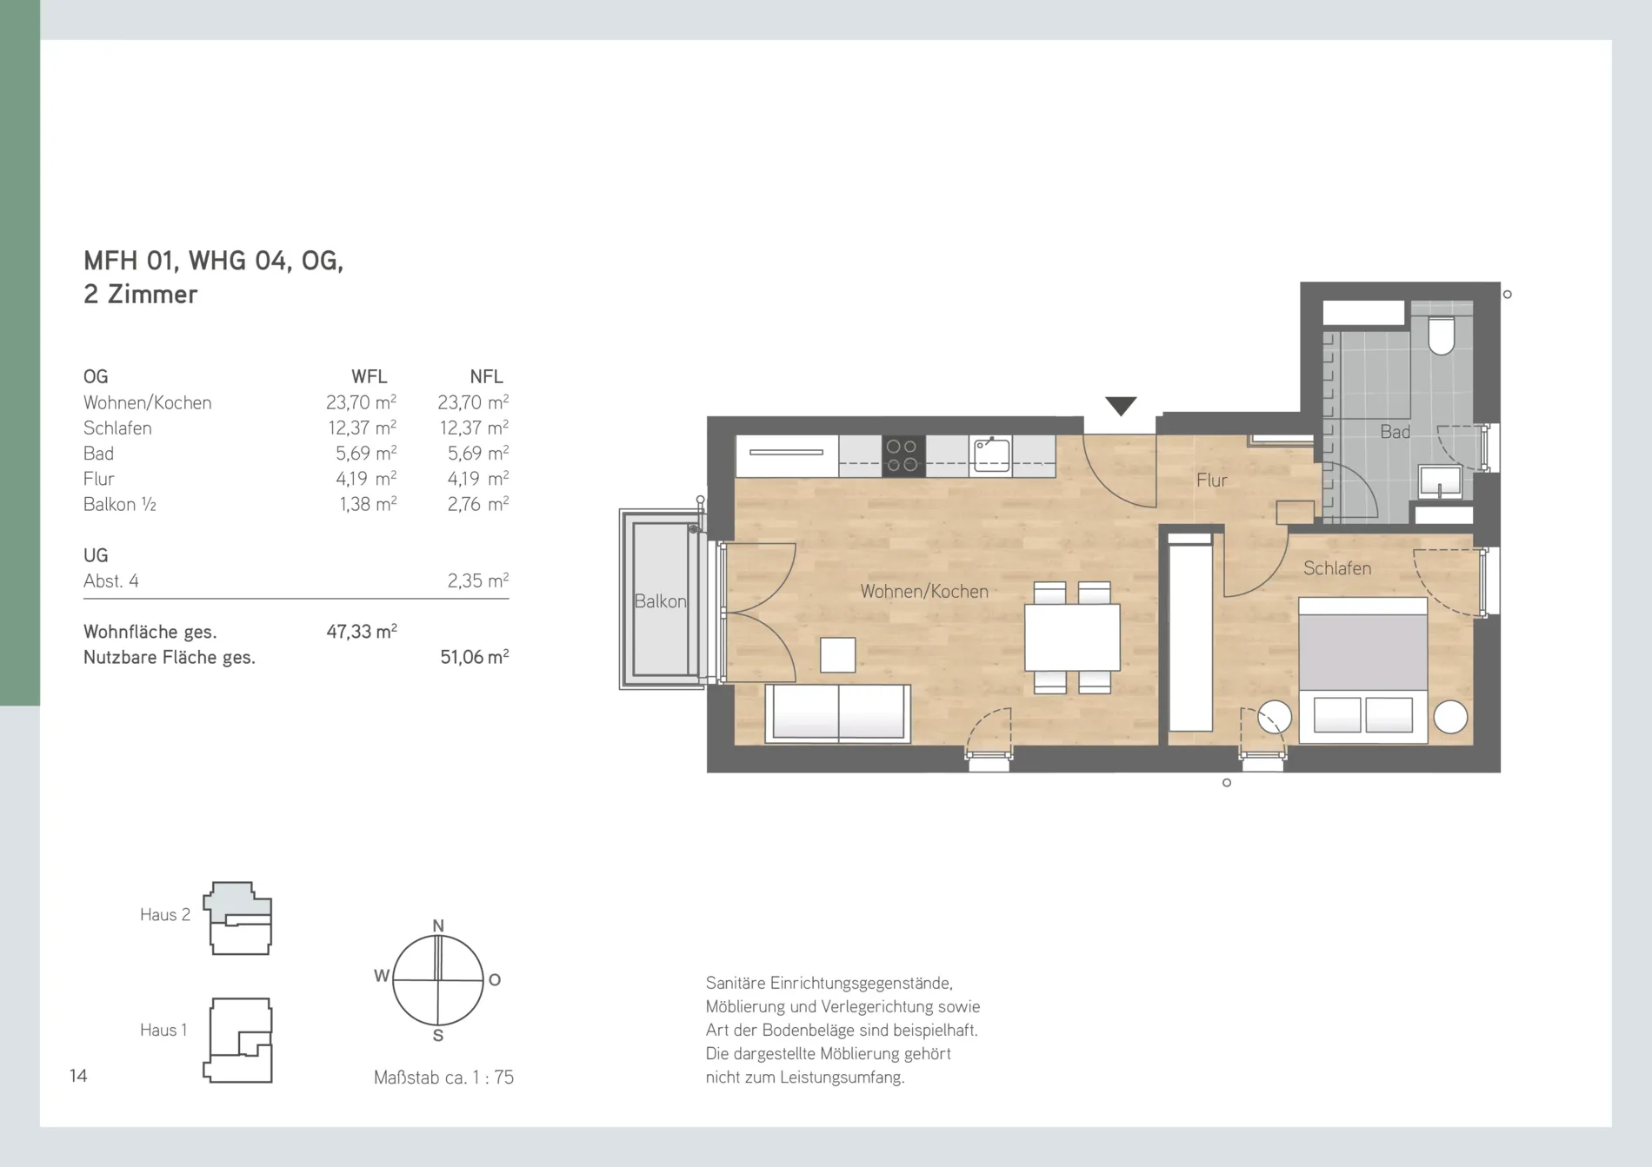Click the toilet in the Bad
1442,336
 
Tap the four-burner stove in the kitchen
903,456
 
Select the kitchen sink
991,454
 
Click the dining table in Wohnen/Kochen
1072,638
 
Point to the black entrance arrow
1121,405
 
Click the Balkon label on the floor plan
660,601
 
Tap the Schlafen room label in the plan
1337,568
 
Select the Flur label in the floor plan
1211,480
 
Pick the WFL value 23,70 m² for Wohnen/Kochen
362,402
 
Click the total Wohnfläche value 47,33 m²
362,632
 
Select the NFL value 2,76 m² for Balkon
477,504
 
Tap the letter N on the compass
438,925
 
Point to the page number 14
78,1076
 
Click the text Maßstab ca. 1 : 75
443,1077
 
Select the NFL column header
486,376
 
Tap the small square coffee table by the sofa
838,655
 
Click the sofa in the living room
838,713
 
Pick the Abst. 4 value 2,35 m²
477,580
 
